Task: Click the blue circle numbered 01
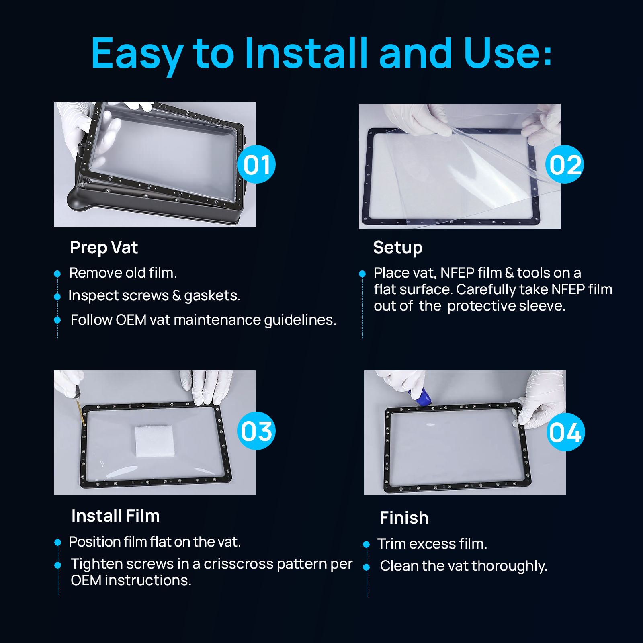click(256, 164)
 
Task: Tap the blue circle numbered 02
click(565, 164)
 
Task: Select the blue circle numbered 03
click(256, 431)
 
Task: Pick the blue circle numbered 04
click(565, 432)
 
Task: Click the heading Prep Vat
click(104, 248)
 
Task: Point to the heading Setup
click(397, 248)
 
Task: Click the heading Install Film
click(115, 516)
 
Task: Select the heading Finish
click(404, 518)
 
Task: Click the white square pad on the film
click(155, 441)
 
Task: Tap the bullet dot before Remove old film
click(57, 274)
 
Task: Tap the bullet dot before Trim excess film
click(366, 545)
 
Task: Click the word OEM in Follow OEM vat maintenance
click(131, 320)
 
